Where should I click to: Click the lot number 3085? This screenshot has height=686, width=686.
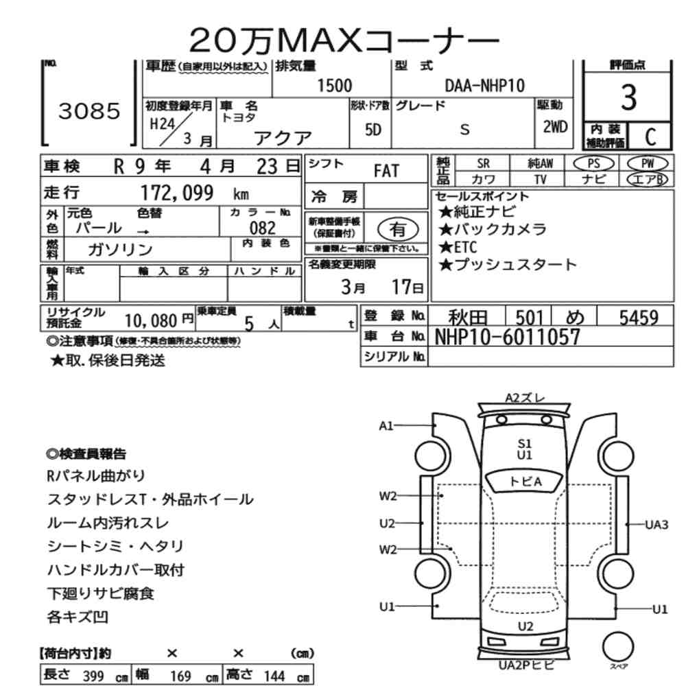tap(89, 111)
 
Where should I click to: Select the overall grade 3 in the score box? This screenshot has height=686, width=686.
tap(628, 97)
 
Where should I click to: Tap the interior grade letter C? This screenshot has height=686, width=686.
tap(650, 137)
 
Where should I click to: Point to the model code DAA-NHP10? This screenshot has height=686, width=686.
tap(485, 86)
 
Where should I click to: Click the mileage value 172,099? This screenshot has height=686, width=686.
tap(177, 193)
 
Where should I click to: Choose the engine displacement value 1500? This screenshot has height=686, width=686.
tap(335, 86)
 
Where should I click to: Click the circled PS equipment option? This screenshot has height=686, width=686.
tap(593, 164)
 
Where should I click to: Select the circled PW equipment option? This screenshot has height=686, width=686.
tap(648, 164)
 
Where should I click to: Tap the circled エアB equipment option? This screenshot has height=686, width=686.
tap(648, 179)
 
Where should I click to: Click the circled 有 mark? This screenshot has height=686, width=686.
tap(398, 229)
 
